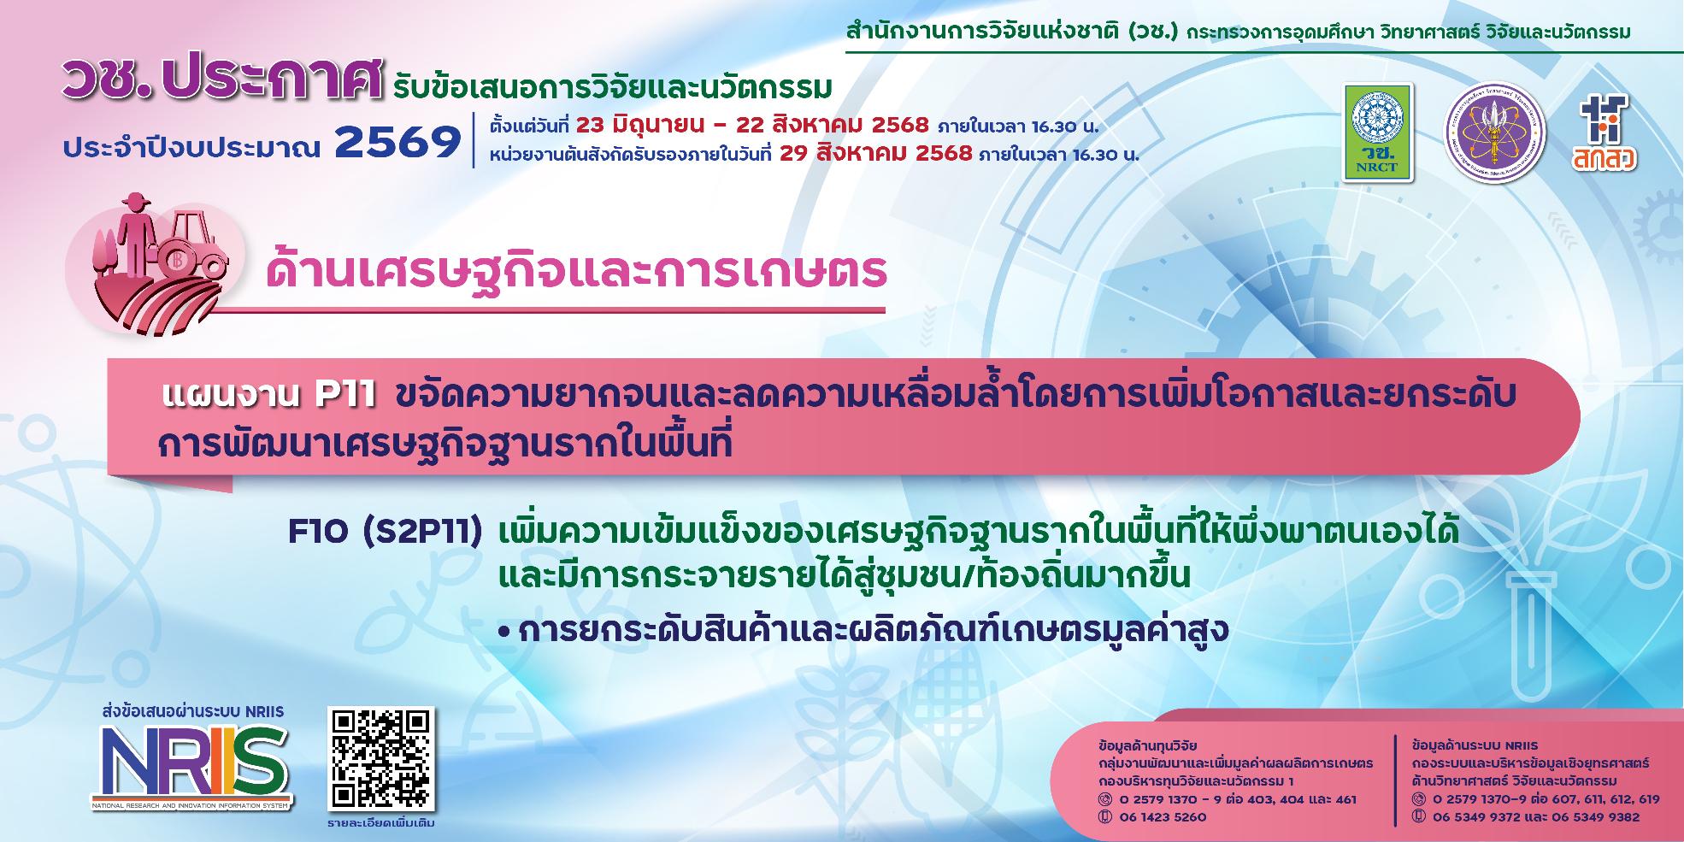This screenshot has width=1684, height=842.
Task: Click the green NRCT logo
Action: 1377,132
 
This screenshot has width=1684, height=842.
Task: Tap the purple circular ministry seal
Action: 1494,133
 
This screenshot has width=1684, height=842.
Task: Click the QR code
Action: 381,759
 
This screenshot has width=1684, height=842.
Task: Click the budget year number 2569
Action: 397,143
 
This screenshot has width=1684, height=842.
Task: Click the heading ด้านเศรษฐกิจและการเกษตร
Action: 576,269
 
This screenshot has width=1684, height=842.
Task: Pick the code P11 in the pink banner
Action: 345,396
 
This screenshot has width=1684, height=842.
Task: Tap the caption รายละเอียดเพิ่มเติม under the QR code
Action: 380,824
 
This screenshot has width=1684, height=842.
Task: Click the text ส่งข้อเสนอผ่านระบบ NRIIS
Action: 192,711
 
